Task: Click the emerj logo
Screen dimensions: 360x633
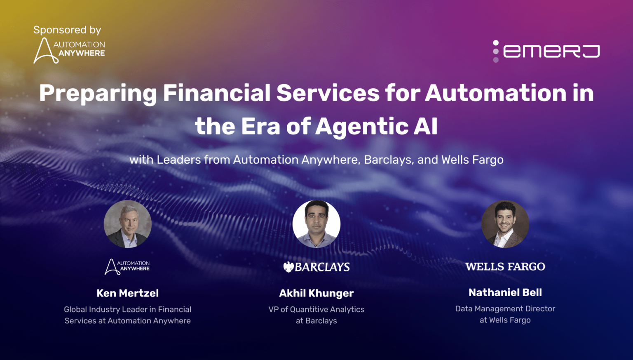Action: pos(546,51)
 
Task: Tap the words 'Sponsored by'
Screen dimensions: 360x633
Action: pos(67,30)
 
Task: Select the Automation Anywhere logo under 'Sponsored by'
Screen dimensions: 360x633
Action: pos(69,50)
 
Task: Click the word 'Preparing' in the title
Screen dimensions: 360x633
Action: pos(98,93)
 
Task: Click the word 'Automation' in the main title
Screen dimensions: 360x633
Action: pos(496,93)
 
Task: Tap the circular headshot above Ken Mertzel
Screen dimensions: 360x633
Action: pos(128,224)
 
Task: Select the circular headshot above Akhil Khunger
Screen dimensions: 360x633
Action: pos(316,224)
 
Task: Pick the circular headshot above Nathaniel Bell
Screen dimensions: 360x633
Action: pos(505,224)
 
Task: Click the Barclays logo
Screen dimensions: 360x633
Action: pos(316,267)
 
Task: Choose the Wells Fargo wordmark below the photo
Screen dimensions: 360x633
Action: pos(505,267)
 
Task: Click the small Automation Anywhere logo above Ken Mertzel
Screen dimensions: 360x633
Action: pos(127,266)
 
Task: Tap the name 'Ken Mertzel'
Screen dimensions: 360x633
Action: pos(128,293)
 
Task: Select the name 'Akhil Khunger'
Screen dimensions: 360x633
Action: pos(316,293)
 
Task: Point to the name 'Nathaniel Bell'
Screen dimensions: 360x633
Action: pos(505,292)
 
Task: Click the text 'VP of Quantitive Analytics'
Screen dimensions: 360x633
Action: pos(316,309)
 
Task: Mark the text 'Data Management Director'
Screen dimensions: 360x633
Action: pos(505,308)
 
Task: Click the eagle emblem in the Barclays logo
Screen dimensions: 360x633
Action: pos(288,267)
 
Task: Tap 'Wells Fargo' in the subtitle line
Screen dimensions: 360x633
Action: pos(472,160)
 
